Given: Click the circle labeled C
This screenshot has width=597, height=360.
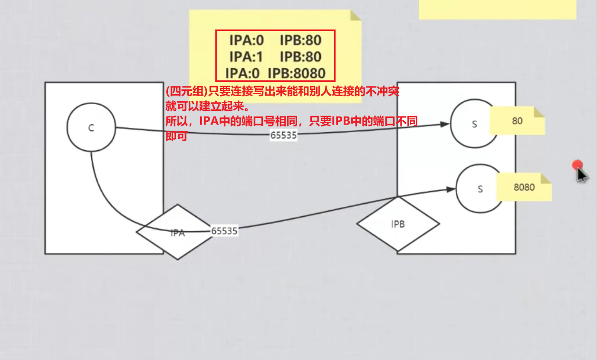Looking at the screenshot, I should click(x=91, y=128).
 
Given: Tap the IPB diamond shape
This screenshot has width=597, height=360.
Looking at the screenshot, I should click(x=398, y=224).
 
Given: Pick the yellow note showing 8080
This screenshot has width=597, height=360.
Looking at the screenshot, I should click(x=524, y=187).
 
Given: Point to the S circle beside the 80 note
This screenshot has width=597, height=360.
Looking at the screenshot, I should click(x=474, y=124).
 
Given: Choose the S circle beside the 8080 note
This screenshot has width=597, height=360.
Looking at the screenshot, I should click(x=479, y=189).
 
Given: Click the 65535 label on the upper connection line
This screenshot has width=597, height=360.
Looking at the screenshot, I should click(x=283, y=135).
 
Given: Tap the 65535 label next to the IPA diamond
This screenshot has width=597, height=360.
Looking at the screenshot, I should click(x=224, y=231).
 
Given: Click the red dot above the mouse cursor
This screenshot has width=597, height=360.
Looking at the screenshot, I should click(x=578, y=165).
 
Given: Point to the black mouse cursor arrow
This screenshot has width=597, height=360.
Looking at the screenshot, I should click(x=581, y=175).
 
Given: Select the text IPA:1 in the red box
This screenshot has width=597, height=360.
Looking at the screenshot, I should click(x=246, y=57).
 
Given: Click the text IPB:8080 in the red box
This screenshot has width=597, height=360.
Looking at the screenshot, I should click(x=297, y=73).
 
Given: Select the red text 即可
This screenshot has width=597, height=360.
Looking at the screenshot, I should click(x=175, y=136).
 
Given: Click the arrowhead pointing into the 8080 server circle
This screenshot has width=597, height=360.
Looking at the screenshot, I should click(x=451, y=189).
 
